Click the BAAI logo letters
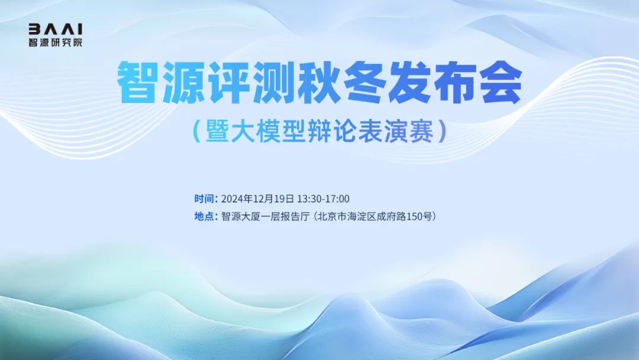pos(56,29)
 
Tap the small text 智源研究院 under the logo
pos(56,43)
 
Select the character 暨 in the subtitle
pos(218,131)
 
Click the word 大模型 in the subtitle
pos(269,131)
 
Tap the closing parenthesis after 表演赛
pos(442,131)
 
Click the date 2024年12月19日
pos(257,199)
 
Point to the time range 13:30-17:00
pos(323,199)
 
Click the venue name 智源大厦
pos(240,217)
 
